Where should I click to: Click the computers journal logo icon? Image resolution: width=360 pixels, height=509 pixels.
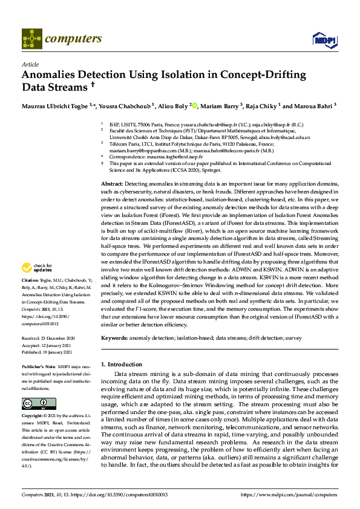coord(31,39)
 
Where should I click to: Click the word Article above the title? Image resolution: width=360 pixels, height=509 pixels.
coord(30,63)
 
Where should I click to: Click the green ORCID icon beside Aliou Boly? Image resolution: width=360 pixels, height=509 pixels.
coord(194,106)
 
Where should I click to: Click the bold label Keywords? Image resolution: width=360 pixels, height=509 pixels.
coord(115,337)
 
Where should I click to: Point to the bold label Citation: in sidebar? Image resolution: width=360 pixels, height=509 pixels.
coord(30,280)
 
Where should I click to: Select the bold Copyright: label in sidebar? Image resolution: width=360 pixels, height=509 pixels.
coord(33,416)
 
